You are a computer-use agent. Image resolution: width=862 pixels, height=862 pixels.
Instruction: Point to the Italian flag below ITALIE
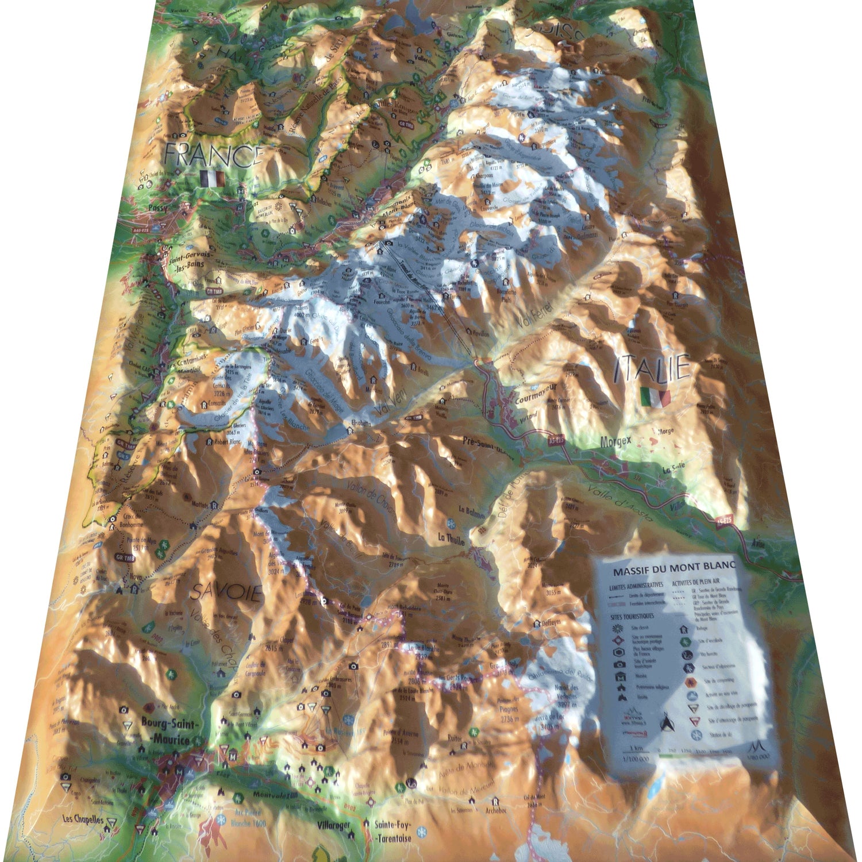coord(655,397)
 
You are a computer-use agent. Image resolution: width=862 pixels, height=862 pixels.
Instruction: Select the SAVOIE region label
coord(226,591)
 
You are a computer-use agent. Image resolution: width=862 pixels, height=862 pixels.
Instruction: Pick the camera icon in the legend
coord(619,664)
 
